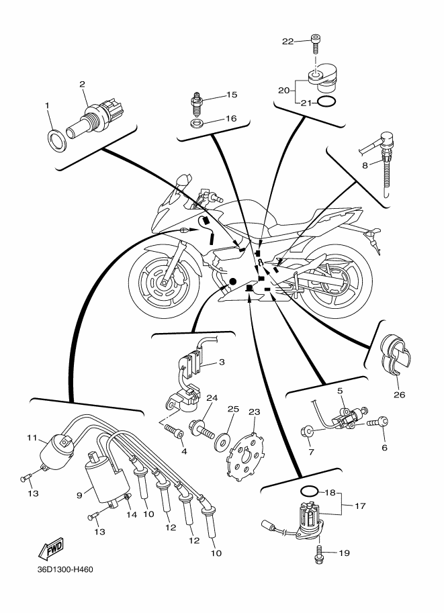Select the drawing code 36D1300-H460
[x=65, y=569]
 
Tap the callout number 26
[x=400, y=395]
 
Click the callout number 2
[x=82, y=84]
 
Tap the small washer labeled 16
[x=195, y=124]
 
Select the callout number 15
[x=232, y=95]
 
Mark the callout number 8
[x=365, y=166]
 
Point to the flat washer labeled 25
[x=222, y=440]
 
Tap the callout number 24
[x=212, y=398]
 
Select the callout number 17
[x=360, y=506]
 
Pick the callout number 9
[x=79, y=496]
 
